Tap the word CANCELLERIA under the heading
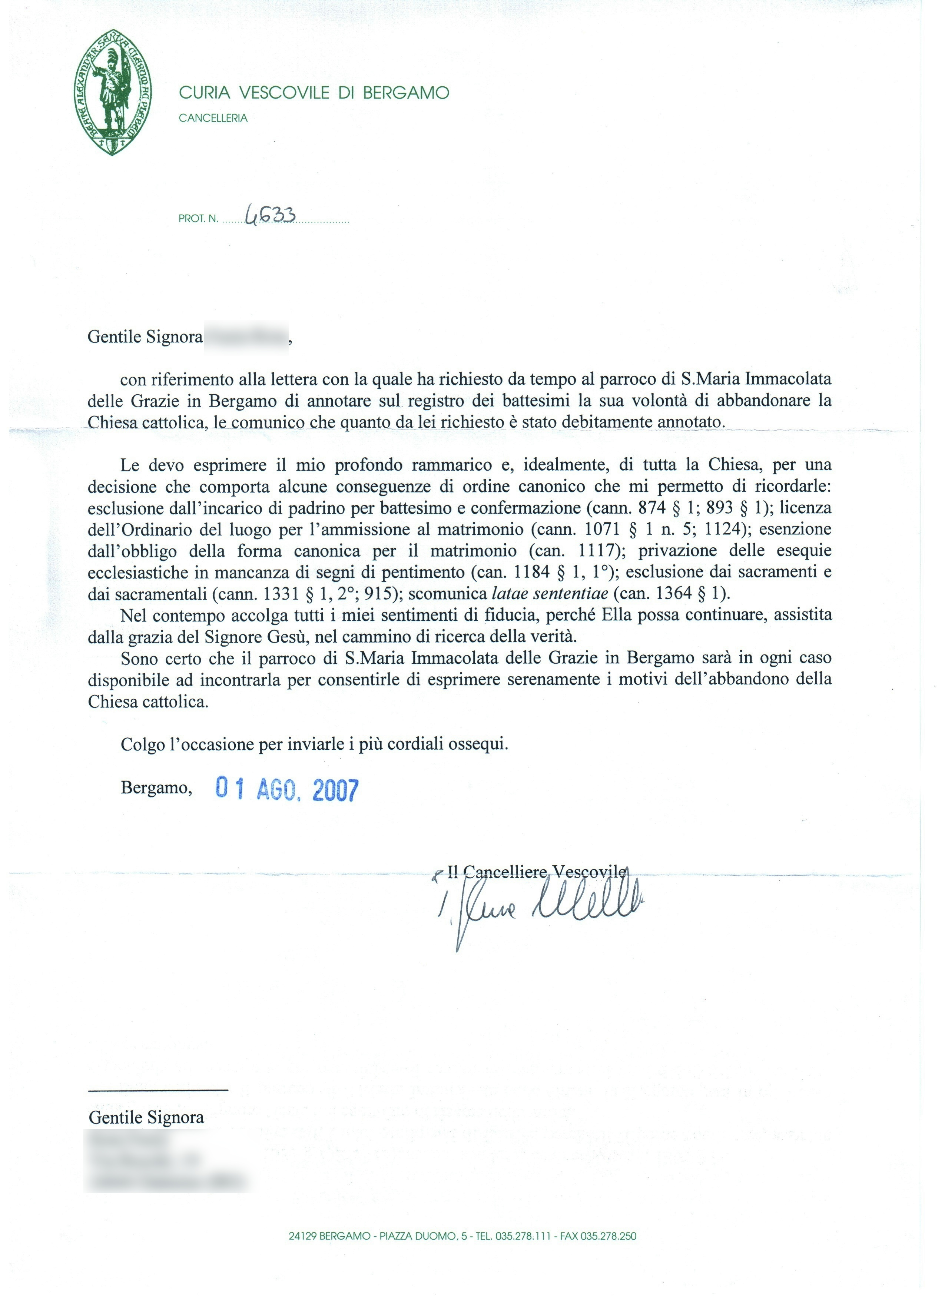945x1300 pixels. tap(213, 119)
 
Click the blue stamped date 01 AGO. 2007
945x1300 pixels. tap(286, 790)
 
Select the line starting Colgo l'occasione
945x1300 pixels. tap(314, 744)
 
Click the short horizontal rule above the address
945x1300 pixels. tap(158, 1089)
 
